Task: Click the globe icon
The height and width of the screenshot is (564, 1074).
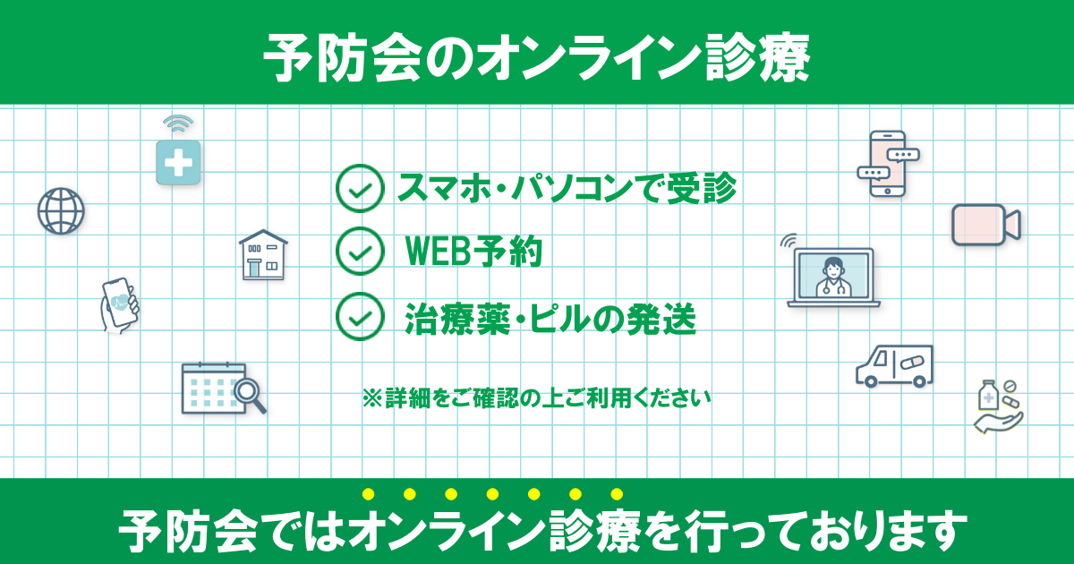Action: point(61,211)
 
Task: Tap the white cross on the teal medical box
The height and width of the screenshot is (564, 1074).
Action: point(178,162)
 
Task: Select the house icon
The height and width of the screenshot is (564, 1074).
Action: point(263,254)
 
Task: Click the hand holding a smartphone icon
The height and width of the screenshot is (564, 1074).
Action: point(119,305)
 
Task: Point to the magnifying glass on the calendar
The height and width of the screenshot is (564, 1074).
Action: point(250,395)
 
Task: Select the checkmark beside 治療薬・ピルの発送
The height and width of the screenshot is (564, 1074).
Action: point(360,317)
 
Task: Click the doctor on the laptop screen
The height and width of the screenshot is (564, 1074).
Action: point(833,277)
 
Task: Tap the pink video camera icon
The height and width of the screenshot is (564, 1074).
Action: point(985,225)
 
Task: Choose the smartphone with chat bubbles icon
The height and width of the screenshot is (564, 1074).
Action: point(888,164)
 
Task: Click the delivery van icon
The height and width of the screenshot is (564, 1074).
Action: point(894,365)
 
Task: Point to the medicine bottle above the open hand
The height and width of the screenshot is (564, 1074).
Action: point(988,395)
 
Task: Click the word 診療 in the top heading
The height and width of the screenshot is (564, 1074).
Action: point(757,58)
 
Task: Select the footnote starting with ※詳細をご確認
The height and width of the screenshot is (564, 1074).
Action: point(536,397)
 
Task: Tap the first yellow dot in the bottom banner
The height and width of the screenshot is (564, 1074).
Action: point(368,494)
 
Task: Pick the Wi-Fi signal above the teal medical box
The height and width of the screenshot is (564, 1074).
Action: point(178,124)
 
